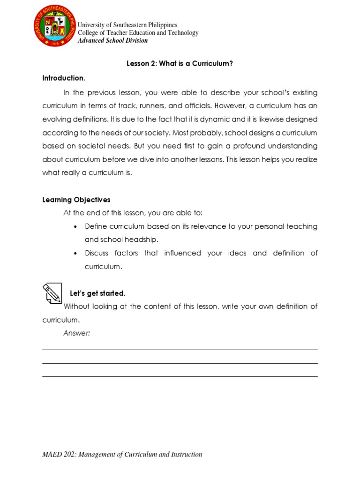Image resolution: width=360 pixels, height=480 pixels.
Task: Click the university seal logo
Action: click(x=54, y=26)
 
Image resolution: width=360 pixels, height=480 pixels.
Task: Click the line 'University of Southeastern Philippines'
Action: click(x=127, y=25)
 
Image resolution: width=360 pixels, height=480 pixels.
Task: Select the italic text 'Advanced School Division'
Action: click(x=112, y=40)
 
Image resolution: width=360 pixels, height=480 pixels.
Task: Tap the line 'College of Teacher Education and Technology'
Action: click(x=138, y=33)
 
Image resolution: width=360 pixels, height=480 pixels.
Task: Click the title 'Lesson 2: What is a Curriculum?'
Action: click(x=180, y=64)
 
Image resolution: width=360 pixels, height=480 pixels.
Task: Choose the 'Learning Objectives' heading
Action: click(x=76, y=200)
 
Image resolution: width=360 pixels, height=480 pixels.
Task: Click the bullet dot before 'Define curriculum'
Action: click(x=76, y=227)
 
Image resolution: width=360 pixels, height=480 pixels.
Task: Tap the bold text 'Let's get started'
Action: click(x=97, y=293)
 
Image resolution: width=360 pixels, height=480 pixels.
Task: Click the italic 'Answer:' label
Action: click(x=77, y=333)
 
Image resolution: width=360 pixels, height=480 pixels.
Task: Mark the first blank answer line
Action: click(x=180, y=350)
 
